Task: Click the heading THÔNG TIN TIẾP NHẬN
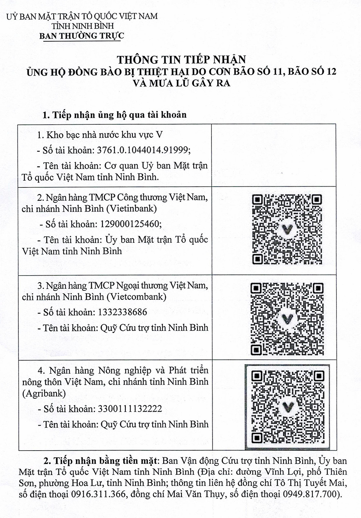(x=181, y=60)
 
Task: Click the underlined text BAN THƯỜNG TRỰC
(x=82, y=36)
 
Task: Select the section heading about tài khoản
(x=114, y=115)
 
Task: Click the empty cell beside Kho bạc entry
(x=273, y=155)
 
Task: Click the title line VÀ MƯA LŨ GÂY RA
(x=181, y=83)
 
